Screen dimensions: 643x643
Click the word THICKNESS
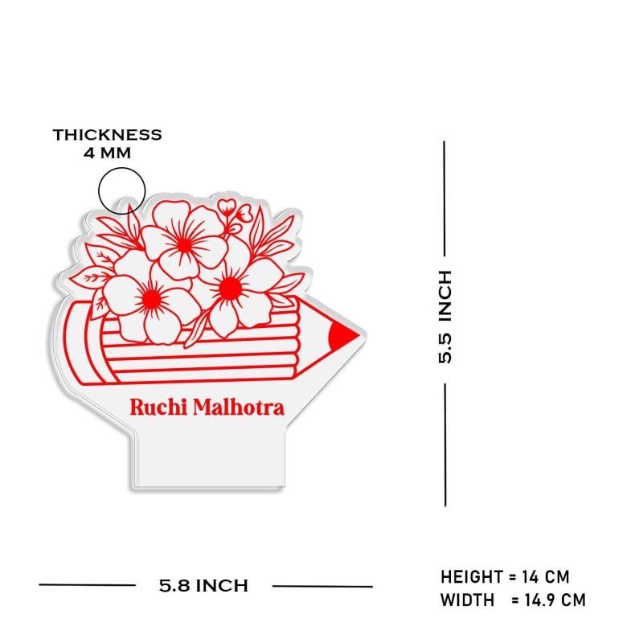(108, 135)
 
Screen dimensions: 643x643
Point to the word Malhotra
(236, 407)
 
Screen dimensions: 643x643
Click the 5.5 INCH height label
(445, 317)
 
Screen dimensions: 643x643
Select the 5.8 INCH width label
(203, 585)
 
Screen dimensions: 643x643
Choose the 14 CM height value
(546, 577)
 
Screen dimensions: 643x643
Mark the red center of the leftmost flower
(150, 299)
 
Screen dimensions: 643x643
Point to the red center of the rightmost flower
(228, 285)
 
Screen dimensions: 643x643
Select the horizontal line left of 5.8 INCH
(87, 585)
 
